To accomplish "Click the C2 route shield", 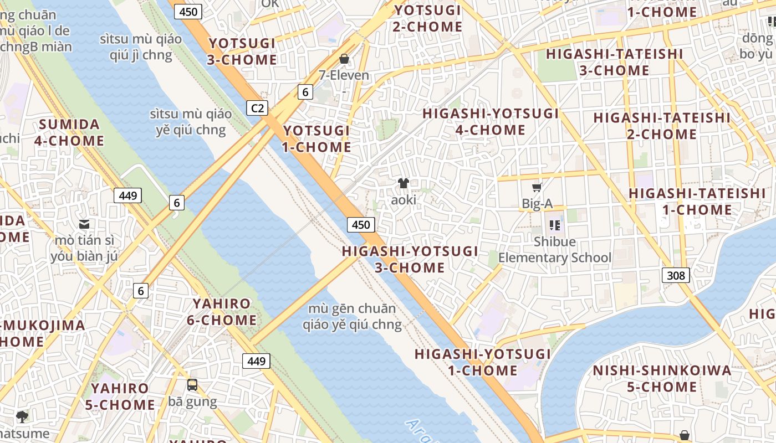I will tap(257, 108).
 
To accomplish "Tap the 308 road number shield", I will tap(676, 275).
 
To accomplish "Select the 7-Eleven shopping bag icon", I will tap(344, 58).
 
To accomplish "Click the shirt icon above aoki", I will tap(403, 183).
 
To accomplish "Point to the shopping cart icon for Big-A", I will tap(537, 187).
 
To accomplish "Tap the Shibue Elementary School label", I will tap(555, 250).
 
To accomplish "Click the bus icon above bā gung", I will tap(192, 384).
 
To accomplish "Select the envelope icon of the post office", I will tap(84, 224).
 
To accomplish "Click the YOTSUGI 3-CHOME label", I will tap(242, 51).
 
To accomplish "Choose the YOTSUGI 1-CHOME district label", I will tap(317, 139).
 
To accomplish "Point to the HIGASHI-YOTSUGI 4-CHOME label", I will tap(491, 122).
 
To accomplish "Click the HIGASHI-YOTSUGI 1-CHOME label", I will tap(482, 362).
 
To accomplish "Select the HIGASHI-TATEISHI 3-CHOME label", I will tap(614, 62).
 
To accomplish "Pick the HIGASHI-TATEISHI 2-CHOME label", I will tap(662, 126).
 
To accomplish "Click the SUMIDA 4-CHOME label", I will tap(69, 132).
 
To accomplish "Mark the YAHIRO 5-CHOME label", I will tap(120, 396).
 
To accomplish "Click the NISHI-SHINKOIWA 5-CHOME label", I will tap(662, 379).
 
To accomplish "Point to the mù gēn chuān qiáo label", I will tap(352, 316).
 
